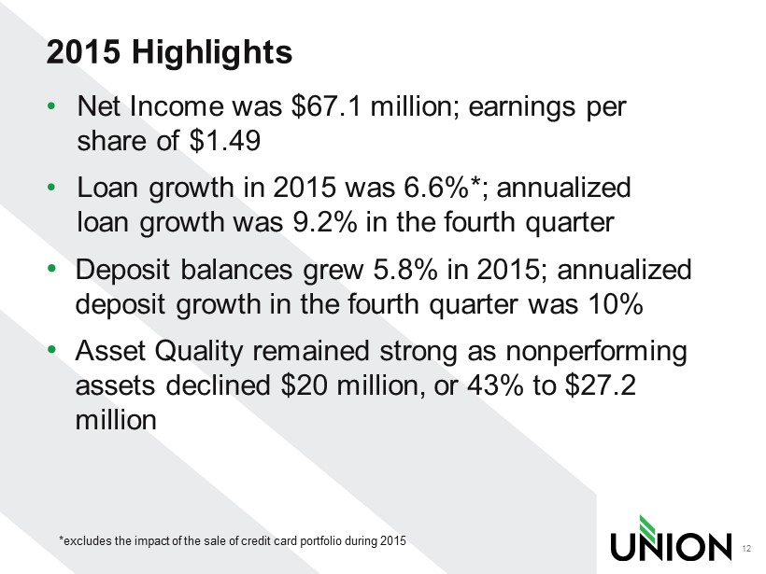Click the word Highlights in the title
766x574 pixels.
(212, 52)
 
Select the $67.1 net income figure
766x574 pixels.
(326, 106)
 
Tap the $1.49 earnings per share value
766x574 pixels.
(224, 141)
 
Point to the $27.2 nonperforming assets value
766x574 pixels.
(601, 385)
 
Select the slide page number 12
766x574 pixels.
(746, 549)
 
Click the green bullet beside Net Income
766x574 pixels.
(51, 105)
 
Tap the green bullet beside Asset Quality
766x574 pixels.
(51, 349)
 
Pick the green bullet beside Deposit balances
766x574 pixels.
(51, 269)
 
